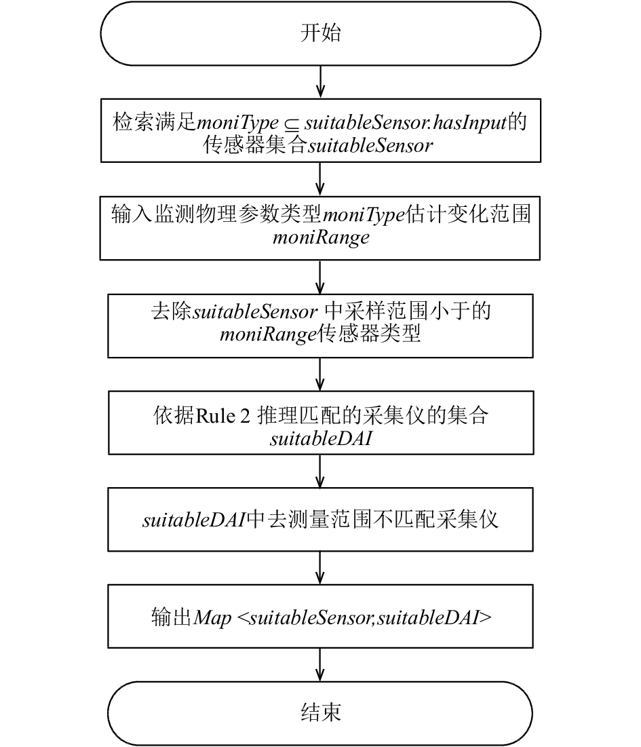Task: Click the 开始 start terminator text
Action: pos(320,33)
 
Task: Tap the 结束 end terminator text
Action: pos(320,712)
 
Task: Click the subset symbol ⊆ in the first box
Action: pos(291,124)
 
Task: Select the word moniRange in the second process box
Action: pos(321,237)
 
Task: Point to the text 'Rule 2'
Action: pos(222,416)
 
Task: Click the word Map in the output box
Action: pos(212,618)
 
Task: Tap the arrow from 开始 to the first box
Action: pos(320,82)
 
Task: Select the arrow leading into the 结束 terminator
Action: pos(320,665)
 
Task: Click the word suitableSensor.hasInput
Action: pos(405,122)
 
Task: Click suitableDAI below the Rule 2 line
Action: pos(321,438)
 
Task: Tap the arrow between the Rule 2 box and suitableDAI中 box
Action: pos(320,471)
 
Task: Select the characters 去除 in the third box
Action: pos(171,311)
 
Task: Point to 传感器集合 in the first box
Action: pos(255,145)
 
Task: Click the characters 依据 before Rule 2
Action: pos(174,415)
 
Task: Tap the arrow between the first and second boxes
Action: pos(320,179)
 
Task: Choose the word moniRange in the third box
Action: pos(268,334)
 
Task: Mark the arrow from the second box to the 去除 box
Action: pos(320,277)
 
